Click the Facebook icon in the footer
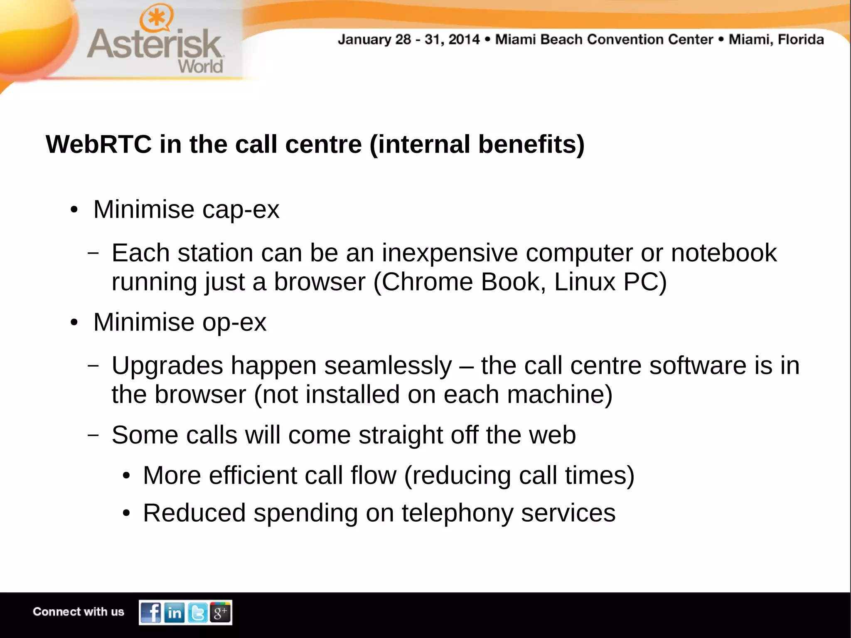(x=151, y=612)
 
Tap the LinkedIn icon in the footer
(x=175, y=613)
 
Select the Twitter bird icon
(x=198, y=613)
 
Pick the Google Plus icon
(x=220, y=612)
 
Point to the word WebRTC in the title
(x=98, y=145)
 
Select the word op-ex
(x=234, y=323)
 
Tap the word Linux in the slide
(x=584, y=282)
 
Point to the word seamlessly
(x=388, y=366)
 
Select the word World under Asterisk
(x=200, y=67)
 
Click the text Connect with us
(x=79, y=612)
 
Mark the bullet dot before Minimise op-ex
(x=74, y=323)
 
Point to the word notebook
(x=723, y=253)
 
